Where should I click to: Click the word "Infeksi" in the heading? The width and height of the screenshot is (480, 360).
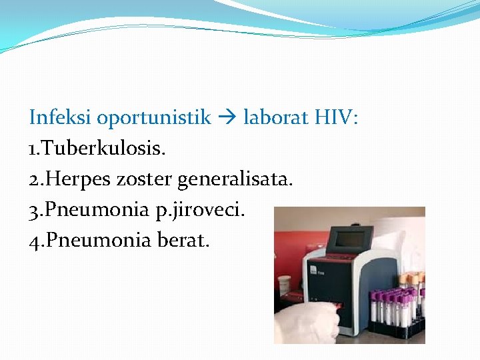61,118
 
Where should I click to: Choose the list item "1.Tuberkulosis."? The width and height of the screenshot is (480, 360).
97,148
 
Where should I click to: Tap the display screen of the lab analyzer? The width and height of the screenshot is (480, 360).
353,240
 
